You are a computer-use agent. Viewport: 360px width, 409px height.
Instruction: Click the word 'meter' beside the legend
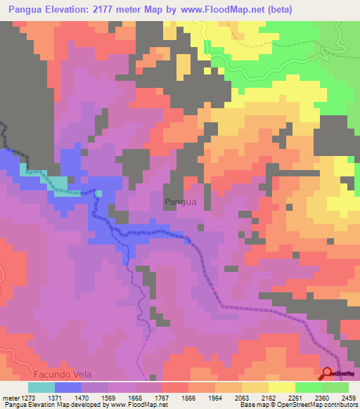(9, 397)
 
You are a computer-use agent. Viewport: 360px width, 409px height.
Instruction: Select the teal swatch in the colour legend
(41, 387)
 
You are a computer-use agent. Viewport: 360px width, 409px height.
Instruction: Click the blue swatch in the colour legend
(68, 387)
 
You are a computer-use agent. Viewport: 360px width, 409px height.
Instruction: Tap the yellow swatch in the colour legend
(282, 387)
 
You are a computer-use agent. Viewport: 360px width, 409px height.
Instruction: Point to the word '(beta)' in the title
(278, 9)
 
